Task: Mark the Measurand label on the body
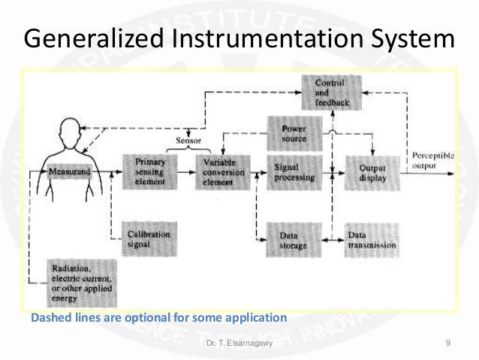(x=70, y=172)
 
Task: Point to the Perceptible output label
(x=433, y=159)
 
